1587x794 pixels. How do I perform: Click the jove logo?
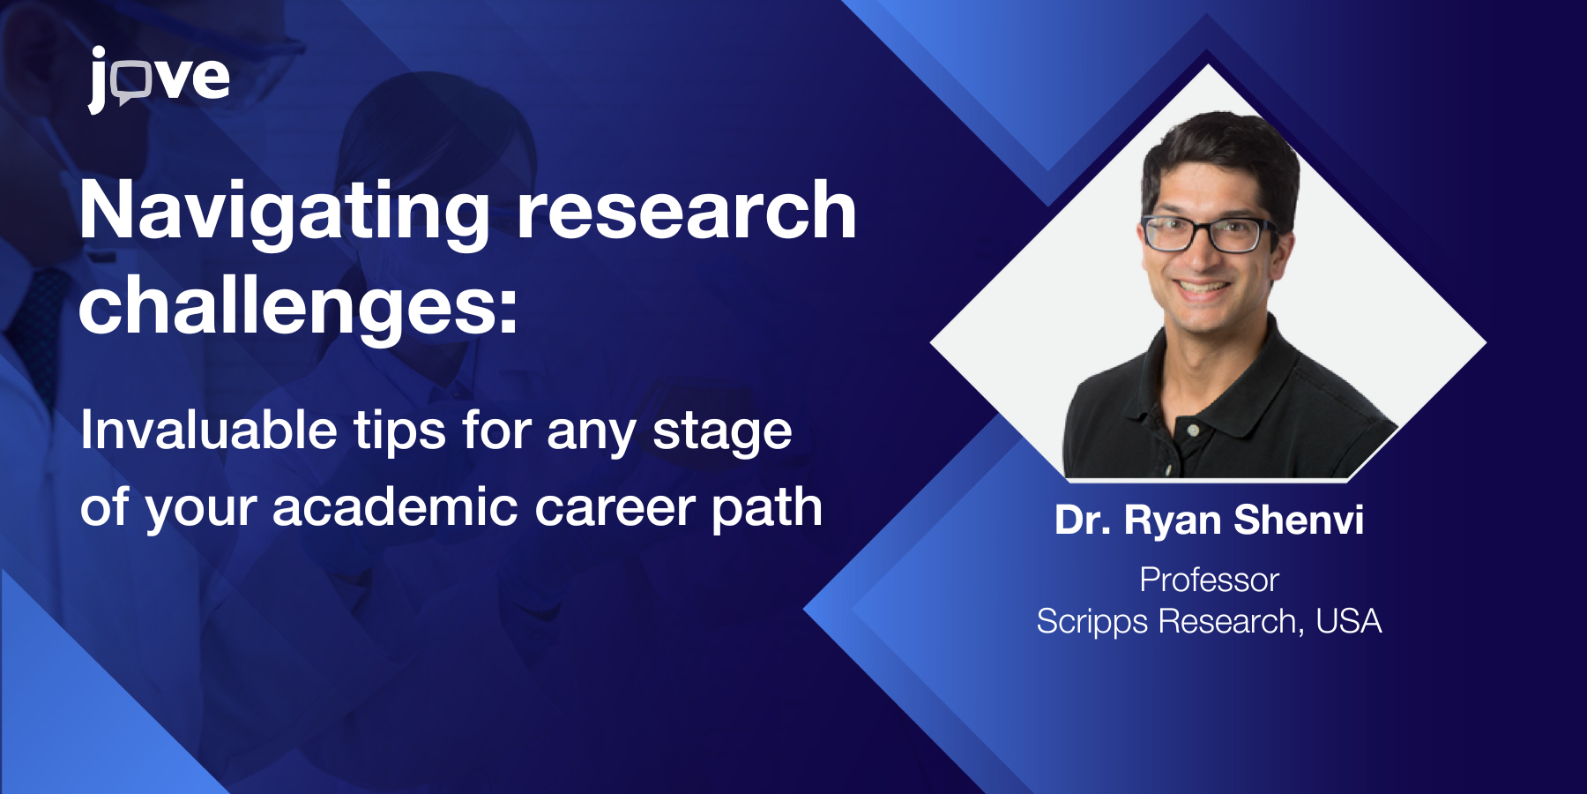(159, 79)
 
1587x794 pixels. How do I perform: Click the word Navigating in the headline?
(285, 212)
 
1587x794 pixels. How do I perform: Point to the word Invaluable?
(209, 430)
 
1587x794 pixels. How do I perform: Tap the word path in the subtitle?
(767, 509)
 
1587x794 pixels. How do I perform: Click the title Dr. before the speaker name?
(1083, 521)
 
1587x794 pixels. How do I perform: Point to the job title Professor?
(1209, 580)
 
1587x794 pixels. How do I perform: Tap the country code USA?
(1348, 621)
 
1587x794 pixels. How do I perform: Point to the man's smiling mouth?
(1202, 288)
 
